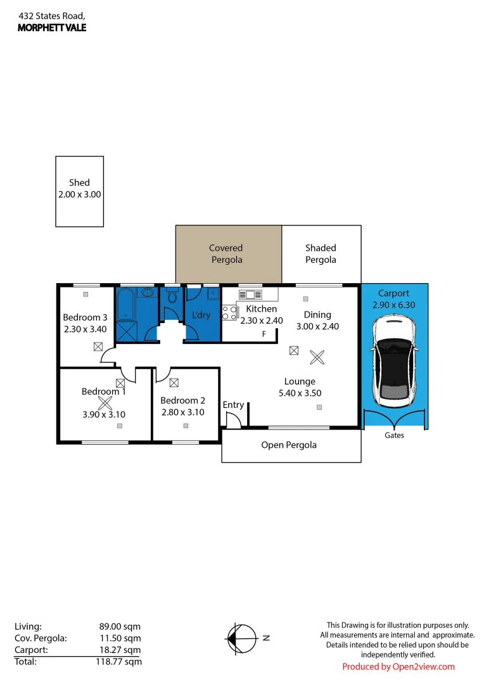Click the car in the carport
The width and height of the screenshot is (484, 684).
(x=393, y=362)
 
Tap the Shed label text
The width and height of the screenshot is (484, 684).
(x=79, y=182)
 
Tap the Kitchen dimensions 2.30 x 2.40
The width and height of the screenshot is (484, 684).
(x=261, y=320)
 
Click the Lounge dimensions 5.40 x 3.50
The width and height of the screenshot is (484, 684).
(x=300, y=393)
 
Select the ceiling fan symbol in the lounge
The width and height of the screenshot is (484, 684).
(x=315, y=357)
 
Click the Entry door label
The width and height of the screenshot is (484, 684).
(x=233, y=405)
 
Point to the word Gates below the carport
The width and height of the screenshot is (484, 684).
(x=394, y=435)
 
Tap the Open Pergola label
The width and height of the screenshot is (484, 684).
(x=289, y=445)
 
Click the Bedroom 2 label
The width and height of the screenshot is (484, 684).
(x=182, y=400)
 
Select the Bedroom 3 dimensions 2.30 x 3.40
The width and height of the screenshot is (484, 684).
(x=86, y=329)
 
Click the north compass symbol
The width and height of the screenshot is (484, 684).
(x=243, y=638)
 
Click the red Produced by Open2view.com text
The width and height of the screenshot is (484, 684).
(x=398, y=666)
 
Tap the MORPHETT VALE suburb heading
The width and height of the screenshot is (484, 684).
(x=52, y=28)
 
